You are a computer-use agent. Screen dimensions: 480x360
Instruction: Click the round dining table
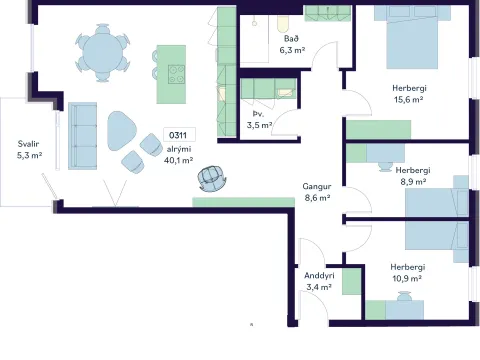coord(102,53)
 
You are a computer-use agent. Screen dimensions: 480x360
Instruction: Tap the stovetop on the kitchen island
coord(176,74)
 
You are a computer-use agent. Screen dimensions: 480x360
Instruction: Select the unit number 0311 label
coord(178,135)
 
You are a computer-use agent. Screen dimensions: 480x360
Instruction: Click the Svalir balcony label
coord(28,144)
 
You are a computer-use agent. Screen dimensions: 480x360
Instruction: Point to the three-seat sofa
coord(82,136)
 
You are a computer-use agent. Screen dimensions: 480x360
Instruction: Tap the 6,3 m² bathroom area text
coord(292,50)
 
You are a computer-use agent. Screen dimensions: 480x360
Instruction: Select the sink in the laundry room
coord(285,92)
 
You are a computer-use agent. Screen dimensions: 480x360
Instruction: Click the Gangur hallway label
coord(317,186)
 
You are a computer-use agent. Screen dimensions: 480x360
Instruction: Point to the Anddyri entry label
coord(319,276)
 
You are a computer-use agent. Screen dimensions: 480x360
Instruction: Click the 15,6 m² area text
coord(409,99)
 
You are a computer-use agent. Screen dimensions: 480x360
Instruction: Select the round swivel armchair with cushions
coord(212,178)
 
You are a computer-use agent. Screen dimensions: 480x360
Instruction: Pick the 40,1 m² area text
coord(178,160)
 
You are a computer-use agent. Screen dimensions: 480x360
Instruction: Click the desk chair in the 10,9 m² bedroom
coord(405,296)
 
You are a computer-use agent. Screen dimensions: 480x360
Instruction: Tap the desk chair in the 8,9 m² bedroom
coord(386,166)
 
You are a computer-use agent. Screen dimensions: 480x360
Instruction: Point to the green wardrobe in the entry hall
coord(351,282)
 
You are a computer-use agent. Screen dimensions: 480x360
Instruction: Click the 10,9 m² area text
coord(407,278)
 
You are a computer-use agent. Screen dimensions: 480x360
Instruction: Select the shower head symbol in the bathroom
coord(254,22)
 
